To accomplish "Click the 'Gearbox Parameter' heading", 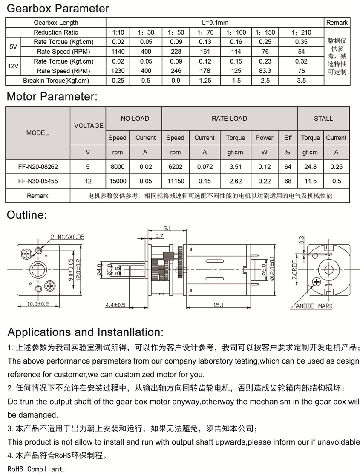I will coord(58,8).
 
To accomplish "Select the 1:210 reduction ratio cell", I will coord(301,32).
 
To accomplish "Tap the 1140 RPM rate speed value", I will coord(118,52).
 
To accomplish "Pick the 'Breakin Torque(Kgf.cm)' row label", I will coord(56,81).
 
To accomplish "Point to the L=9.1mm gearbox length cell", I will coord(215,23).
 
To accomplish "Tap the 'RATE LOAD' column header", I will coord(229,118).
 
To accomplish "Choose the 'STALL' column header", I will coord(323,118).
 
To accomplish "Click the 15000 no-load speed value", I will coord(118,181).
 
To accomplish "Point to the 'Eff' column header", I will coord(288,138).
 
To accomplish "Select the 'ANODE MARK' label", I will coord(314,306).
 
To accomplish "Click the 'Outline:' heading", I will coord(26,215).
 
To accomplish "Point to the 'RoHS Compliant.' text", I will coord(37,469).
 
